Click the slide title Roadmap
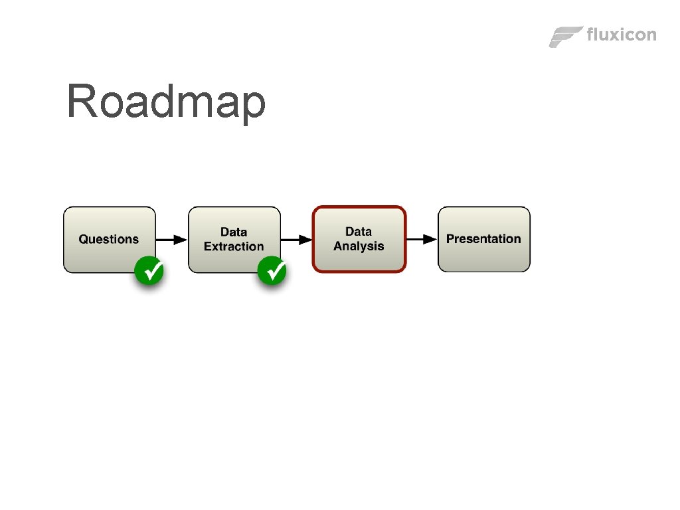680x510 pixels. point(166,102)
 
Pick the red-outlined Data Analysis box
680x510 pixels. point(359,239)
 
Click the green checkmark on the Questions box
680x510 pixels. point(149,271)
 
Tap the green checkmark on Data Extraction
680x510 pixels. point(272,271)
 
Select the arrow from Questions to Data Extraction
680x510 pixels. point(171,239)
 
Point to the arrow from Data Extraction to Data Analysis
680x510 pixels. point(296,239)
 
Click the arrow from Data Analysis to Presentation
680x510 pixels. point(421,239)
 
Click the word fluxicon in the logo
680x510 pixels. point(621,35)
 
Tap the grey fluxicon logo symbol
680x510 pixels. point(565,37)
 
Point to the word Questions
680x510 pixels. point(109,239)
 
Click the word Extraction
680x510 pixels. point(234,246)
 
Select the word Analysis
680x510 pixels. point(359,246)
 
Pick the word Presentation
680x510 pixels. point(483,238)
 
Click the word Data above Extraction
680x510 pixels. point(234,232)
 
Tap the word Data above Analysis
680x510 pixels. point(359,232)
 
